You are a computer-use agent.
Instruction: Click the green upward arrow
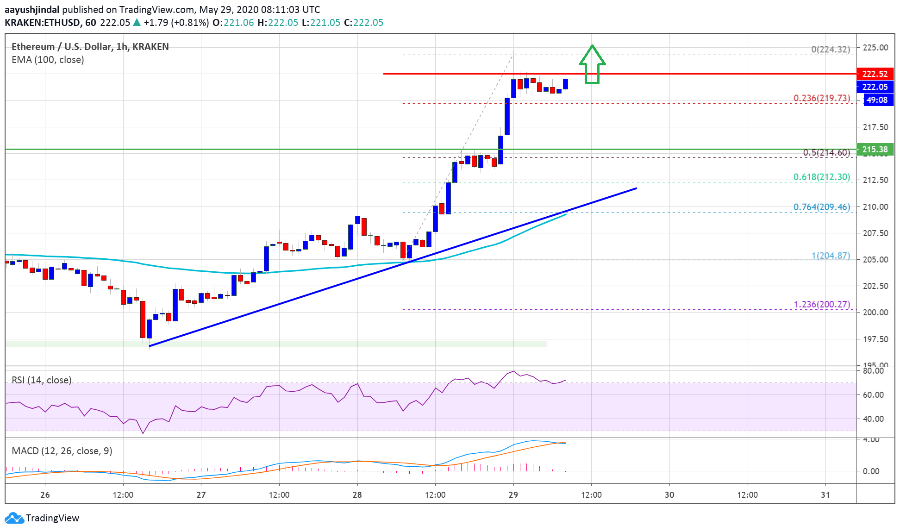(592, 65)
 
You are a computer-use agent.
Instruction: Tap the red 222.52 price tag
(875, 74)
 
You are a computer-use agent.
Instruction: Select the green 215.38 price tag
(875, 150)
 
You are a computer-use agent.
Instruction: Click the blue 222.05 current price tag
(875, 87)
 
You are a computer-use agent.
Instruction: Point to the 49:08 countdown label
(877, 100)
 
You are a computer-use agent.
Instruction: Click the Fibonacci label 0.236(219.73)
(821, 98)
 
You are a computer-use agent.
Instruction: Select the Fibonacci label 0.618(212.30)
(821, 177)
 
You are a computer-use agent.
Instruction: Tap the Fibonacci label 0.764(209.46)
(821, 207)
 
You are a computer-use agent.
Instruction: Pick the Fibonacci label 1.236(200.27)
(821, 304)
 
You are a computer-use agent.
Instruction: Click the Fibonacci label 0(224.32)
(830, 50)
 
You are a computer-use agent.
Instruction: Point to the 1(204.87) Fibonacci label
(830, 256)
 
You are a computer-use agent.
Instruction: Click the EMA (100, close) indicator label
(48, 60)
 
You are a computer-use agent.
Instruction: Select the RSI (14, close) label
(42, 380)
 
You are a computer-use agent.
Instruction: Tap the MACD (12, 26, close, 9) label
(62, 451)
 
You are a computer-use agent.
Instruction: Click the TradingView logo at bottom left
(42, 518)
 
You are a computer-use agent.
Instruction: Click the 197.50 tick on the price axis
(875, 339)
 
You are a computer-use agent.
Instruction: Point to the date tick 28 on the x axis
(357, 495)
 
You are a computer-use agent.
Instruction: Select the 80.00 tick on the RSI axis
(873, 371)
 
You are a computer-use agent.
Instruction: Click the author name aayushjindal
(32, 10)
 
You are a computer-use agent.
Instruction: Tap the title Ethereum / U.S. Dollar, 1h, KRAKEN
(90, 47)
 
